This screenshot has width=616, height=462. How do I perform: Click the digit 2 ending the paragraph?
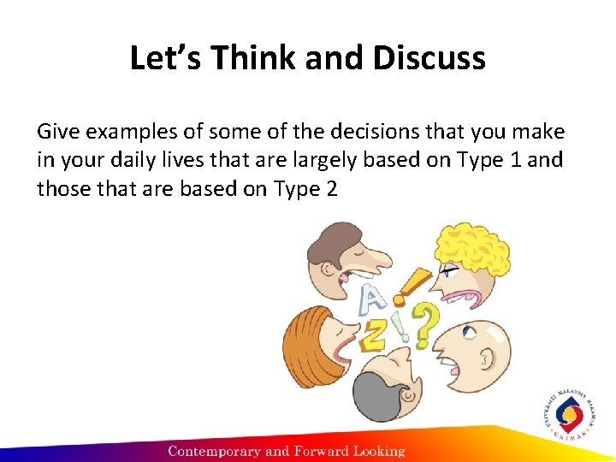click(x=330, y=188)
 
